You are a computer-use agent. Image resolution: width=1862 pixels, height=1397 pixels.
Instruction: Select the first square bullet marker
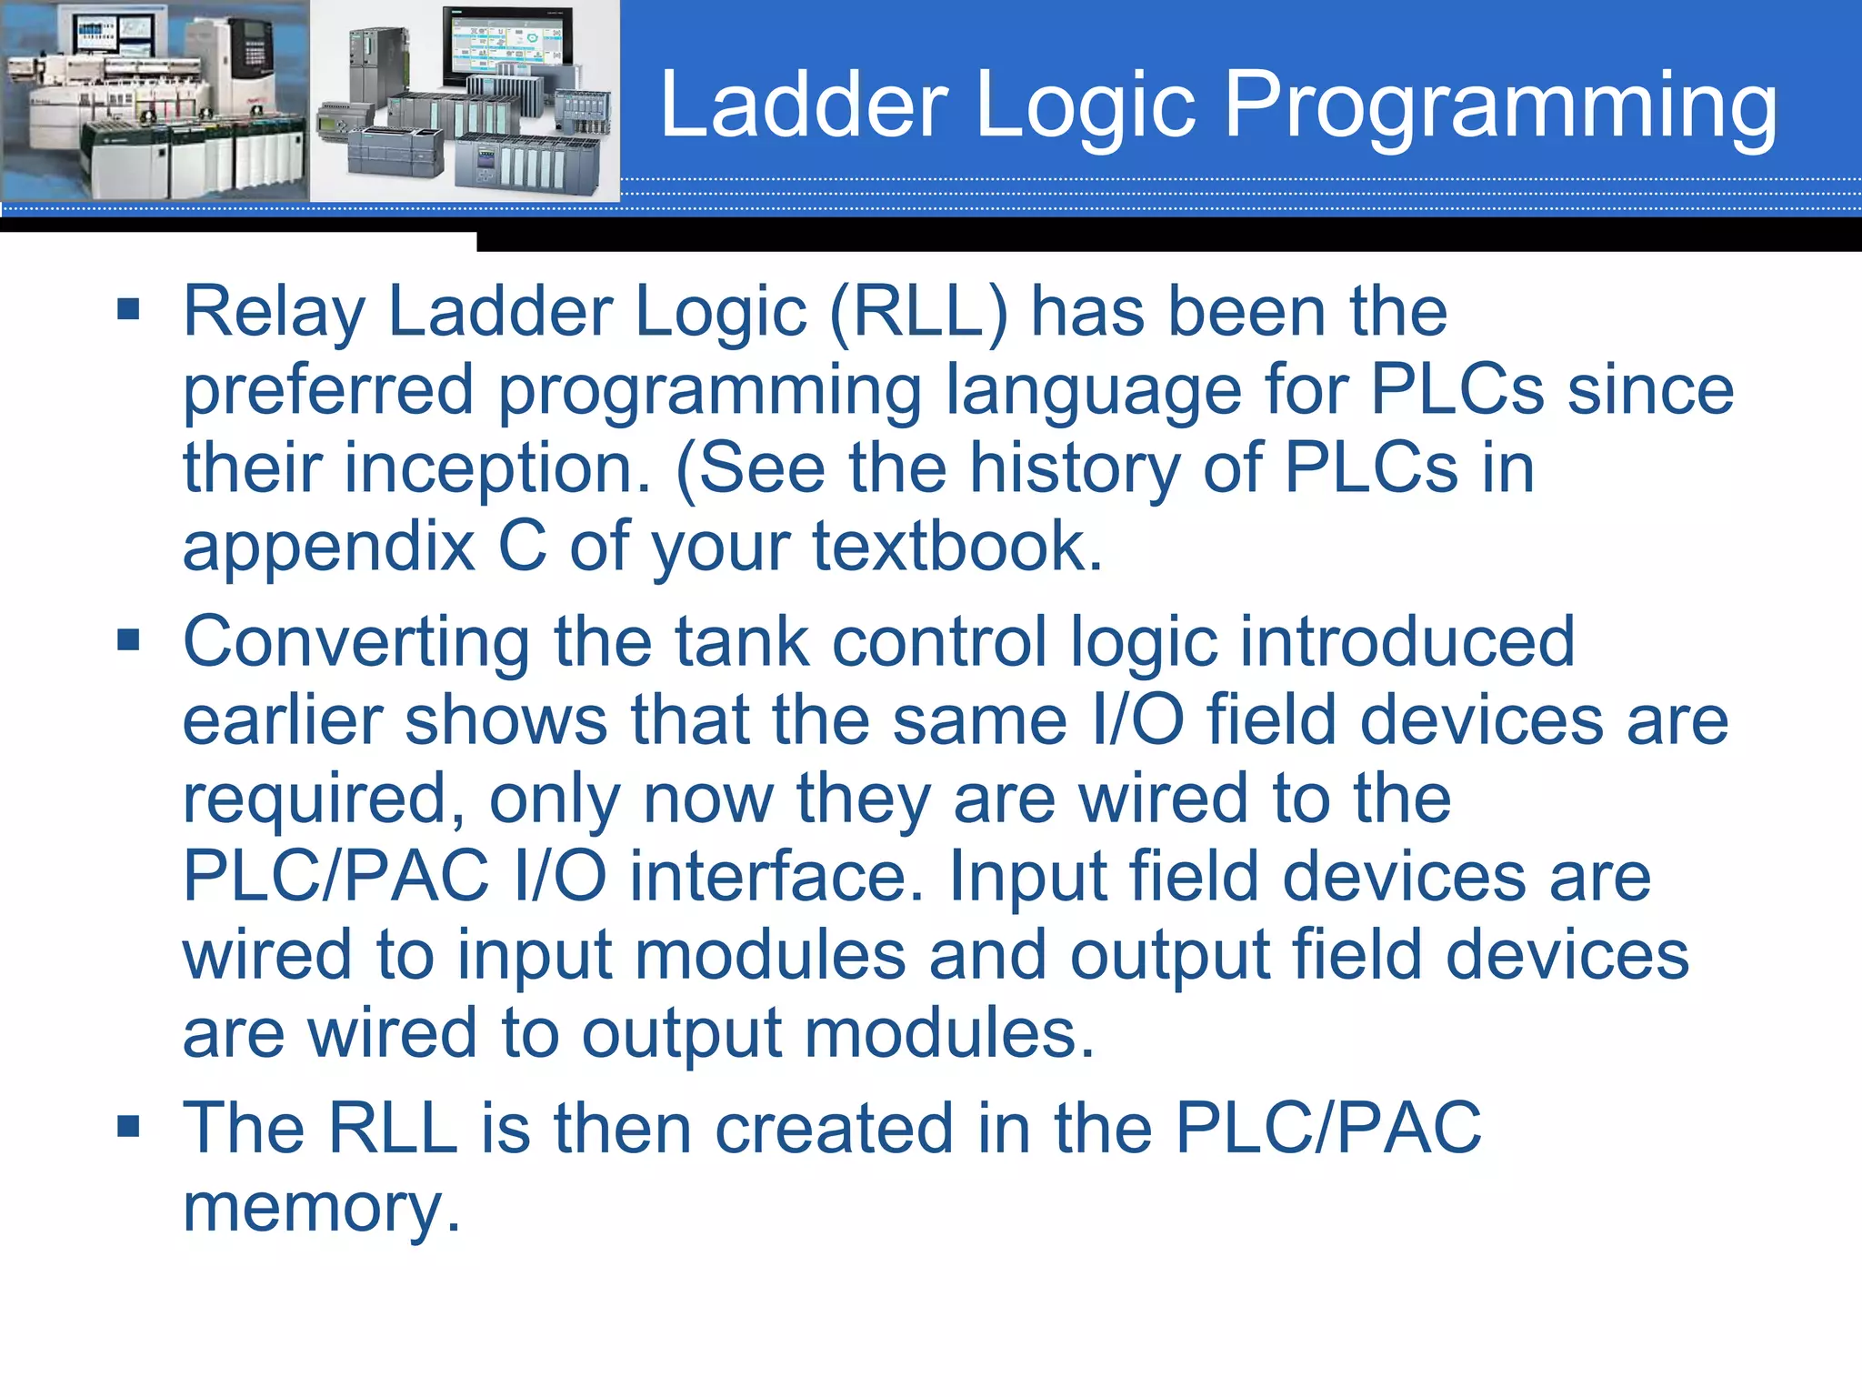[x=128, y=309]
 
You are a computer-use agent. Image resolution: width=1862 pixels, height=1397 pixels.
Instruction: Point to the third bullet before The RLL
[x=128, y=1127]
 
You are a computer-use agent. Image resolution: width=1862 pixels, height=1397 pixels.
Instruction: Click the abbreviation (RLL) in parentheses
[x=918, y=312]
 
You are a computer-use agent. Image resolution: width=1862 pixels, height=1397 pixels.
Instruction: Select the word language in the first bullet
[x=1093, y=391]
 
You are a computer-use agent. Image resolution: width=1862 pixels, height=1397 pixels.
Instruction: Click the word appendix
[x=328, y=548]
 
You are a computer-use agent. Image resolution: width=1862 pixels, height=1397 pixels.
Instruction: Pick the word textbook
[x=956, y=548]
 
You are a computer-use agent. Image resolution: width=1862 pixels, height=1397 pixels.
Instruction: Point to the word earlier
[x=282, y=720]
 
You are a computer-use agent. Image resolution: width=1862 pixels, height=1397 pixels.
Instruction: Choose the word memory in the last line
[x=321, y=1208]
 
